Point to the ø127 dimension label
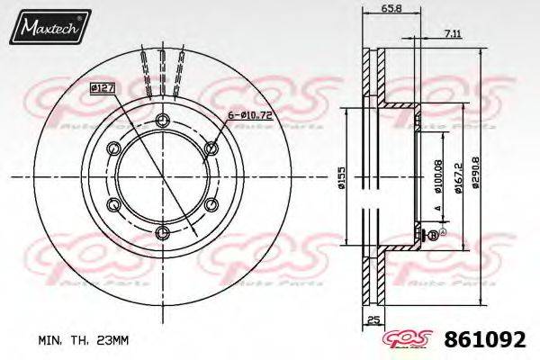coord(101,88)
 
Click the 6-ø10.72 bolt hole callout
coord(251,116)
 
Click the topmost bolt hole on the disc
coord(162,121)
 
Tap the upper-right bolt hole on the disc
coord(211,148)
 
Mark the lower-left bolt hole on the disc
coord(113,205)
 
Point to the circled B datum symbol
coord(432,236)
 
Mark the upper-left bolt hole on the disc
coord(113,148)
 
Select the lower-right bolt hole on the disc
coord(211,205)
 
